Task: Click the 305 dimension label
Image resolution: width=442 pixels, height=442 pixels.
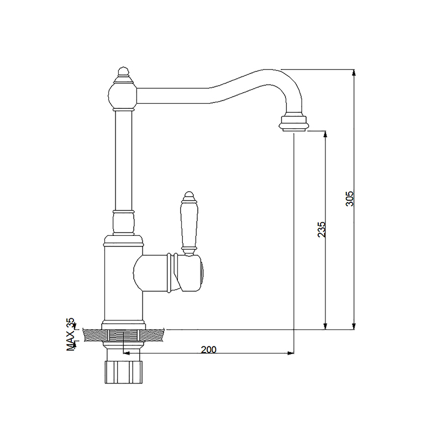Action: [349, 198]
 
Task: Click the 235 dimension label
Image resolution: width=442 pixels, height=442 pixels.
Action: [322, 229]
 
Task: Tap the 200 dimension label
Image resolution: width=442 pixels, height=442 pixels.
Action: [209, 350]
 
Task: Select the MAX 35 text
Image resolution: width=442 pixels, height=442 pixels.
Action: [71, 334]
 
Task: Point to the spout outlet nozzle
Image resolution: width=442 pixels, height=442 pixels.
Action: [293, 122]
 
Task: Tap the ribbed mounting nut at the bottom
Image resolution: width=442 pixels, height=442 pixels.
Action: [123, 372]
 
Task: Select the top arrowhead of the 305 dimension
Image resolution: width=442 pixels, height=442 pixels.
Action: [354, 72]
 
